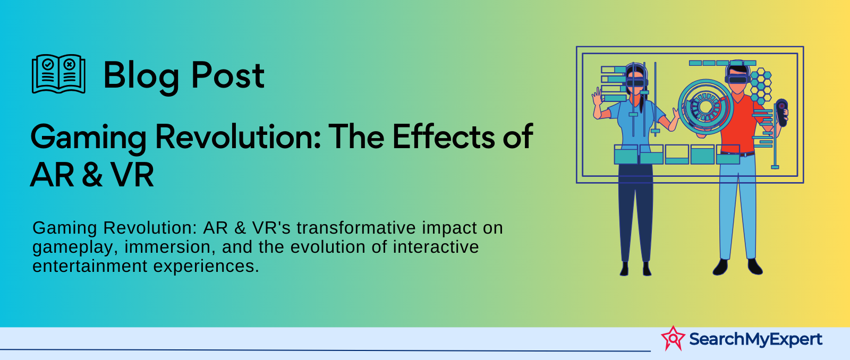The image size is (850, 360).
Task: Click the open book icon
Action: [58, 74]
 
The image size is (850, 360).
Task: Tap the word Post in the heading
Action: [228, 75]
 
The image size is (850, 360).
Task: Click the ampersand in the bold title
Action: [92, 175]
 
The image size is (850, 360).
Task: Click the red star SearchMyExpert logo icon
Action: [673, 338]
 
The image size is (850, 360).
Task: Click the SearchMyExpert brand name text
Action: [755, 339]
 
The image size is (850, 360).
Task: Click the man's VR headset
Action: [737, 79]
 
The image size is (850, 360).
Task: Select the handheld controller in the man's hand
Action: [781, 113]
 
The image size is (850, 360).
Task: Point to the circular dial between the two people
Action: [705, 107]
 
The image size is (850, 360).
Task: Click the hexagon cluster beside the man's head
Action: [760, 86]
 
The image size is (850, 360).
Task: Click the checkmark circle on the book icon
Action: [48, 64]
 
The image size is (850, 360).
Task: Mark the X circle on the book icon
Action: [69, 64]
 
